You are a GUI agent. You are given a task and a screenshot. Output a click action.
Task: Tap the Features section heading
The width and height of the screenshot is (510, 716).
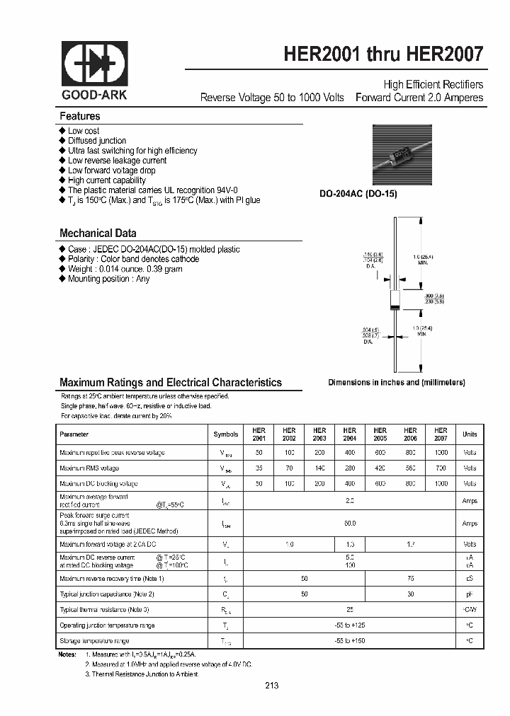[80, 116]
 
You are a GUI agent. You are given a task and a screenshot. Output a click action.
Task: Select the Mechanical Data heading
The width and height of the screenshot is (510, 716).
[98, 233]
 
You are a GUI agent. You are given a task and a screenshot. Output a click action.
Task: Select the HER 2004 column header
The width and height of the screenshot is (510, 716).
[349, 434]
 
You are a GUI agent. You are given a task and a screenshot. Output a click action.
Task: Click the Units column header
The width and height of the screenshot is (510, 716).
[470, 434]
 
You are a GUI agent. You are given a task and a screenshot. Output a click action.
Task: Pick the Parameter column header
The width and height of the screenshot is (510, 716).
[74, 434]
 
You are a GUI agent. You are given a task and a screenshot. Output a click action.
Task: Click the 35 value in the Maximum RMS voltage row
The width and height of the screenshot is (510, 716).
[259, 468]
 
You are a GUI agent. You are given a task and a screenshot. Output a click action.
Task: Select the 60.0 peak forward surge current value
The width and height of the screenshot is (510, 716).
[350, 523]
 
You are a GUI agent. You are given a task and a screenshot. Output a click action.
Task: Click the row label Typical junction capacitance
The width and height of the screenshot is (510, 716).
[107, 594]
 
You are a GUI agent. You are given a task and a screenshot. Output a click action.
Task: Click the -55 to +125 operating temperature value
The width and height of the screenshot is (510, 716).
[350, 625]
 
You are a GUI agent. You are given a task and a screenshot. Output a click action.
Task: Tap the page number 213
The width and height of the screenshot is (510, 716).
[272, 686]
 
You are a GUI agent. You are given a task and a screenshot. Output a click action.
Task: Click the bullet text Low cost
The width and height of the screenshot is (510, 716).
[84, 131]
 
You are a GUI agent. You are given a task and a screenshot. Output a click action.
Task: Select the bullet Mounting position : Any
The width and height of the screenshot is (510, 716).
[108, 279]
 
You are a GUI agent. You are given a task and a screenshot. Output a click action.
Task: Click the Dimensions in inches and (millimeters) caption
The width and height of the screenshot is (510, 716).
[396, 382]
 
